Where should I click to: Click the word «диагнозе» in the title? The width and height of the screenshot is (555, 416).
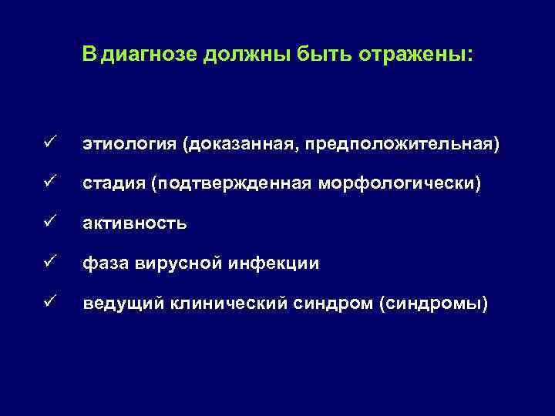pos(150,56)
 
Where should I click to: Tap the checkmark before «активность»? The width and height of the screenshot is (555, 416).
pos(48,223)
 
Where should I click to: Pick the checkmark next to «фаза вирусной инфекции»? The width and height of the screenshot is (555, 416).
pos(48,263)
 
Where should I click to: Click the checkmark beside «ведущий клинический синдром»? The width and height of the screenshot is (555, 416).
pos(48,304)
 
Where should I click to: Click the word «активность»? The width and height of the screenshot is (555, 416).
pos(135,224)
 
